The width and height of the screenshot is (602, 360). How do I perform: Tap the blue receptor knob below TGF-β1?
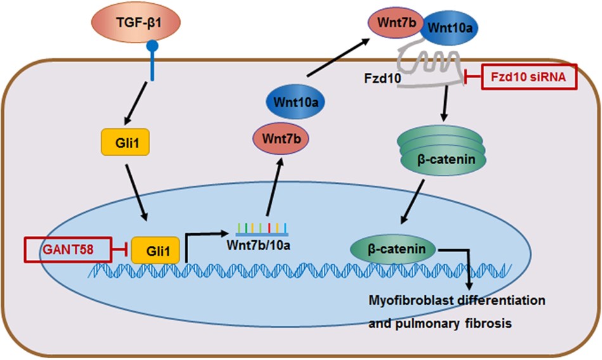(151, 47)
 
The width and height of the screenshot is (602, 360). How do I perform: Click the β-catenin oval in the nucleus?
(392, 249)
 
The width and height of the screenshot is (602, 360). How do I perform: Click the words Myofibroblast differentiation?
(458, 299)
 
